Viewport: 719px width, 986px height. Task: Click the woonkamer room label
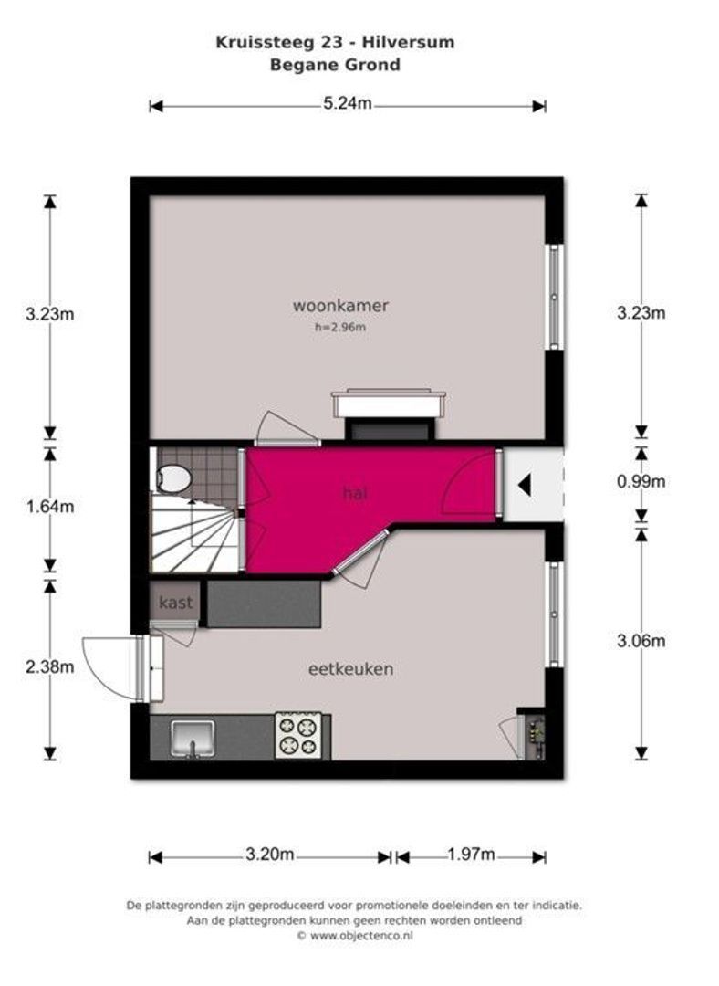pos(340,306)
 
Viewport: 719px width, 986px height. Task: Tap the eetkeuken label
pos(350,668)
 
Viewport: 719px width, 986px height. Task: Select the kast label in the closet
pos(175,603)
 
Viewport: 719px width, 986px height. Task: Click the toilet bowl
pos(172,477)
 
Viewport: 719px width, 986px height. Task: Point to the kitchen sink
pos(193,739)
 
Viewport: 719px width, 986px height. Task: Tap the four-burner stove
pos(298,736)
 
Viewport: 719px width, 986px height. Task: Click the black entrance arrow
pos(524,486)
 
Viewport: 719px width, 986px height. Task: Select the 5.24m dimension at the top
pos(348,103)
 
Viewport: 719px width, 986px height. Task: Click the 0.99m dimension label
pos(641,482)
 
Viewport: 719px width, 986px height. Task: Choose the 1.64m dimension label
pos(49,506)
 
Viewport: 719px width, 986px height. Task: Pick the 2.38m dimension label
pos(49,666)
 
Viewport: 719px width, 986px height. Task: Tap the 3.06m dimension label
pos(641,641)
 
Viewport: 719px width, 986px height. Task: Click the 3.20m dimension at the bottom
pos(270,855)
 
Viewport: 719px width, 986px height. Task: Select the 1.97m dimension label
pos(472,855)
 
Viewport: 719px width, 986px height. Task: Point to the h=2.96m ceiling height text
pos(340,327)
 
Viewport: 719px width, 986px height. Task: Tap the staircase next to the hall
pos(195,531)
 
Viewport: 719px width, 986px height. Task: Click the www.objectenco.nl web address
pos(361,936)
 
